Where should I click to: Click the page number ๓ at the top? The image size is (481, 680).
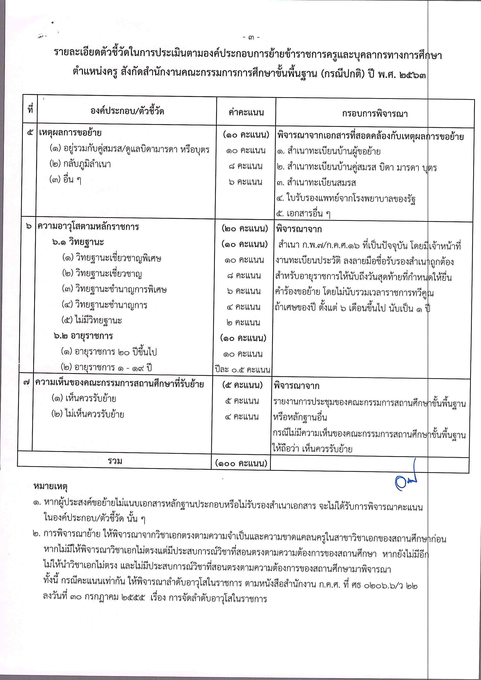251,38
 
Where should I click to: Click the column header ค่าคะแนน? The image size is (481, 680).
246,112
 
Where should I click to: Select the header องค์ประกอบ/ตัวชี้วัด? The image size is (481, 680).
127,111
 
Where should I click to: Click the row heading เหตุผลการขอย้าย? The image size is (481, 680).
70,133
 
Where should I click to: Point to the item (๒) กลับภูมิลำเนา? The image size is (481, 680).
80,164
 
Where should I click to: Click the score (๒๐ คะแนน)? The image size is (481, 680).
245,229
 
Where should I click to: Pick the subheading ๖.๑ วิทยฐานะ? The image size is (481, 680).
78,242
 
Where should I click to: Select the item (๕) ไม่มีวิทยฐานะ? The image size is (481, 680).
92,320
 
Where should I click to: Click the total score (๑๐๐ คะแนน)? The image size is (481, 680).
241,463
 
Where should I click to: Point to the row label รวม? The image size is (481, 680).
115,461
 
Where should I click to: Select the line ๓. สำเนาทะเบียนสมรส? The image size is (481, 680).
316,183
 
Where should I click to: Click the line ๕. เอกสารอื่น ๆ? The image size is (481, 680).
303,214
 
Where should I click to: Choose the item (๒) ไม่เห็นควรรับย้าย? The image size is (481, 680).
88,414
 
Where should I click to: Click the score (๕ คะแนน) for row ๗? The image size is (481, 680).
242,385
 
